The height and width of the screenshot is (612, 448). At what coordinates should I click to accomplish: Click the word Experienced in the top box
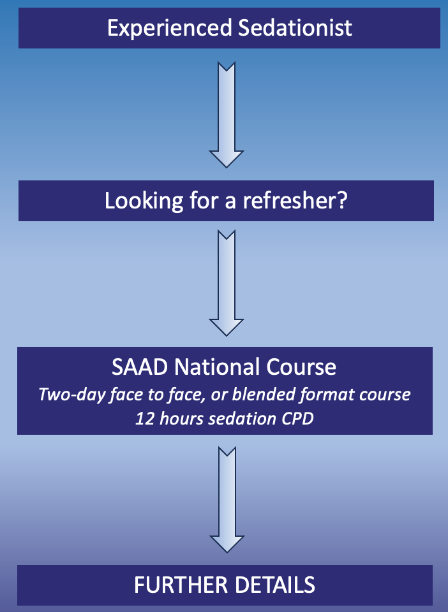(170, 29)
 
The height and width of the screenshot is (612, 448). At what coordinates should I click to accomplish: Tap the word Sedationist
(295, 27)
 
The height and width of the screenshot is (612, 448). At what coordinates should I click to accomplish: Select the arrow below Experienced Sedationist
(227, 115)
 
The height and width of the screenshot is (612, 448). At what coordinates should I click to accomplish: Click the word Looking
(144, 201)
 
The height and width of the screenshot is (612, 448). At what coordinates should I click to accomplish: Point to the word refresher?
(295, 200)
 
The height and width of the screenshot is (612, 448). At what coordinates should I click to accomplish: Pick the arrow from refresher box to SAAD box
(227, 283)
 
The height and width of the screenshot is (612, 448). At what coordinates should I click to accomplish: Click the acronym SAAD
(140, 367)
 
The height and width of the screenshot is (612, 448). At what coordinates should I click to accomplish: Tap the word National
(217, 367)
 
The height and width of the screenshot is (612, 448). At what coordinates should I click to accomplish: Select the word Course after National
(301, 367)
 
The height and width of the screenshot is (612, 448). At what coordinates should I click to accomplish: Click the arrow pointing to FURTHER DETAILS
(227, 500)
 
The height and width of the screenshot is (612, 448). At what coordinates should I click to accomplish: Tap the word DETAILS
(275, 585)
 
